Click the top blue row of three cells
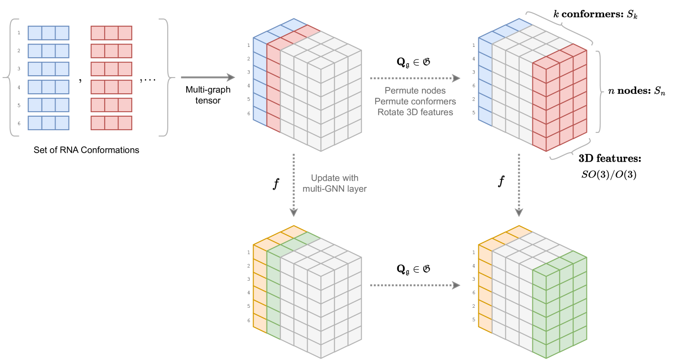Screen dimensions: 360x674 (49, 33)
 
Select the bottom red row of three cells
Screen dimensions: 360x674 (111, 123)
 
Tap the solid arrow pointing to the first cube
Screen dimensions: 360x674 (208, 77)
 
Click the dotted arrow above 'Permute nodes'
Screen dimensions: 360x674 (415, 78)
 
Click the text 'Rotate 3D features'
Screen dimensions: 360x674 (415, 112)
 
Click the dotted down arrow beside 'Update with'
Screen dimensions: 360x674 (293, 185)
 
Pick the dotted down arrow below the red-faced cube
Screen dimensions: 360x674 (519, 185)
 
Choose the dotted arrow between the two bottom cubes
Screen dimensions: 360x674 (415, 285)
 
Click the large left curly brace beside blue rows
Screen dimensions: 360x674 (9, 77)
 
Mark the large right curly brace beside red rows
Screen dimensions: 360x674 (166, 77)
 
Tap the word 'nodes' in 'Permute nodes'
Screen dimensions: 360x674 (433, 91)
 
